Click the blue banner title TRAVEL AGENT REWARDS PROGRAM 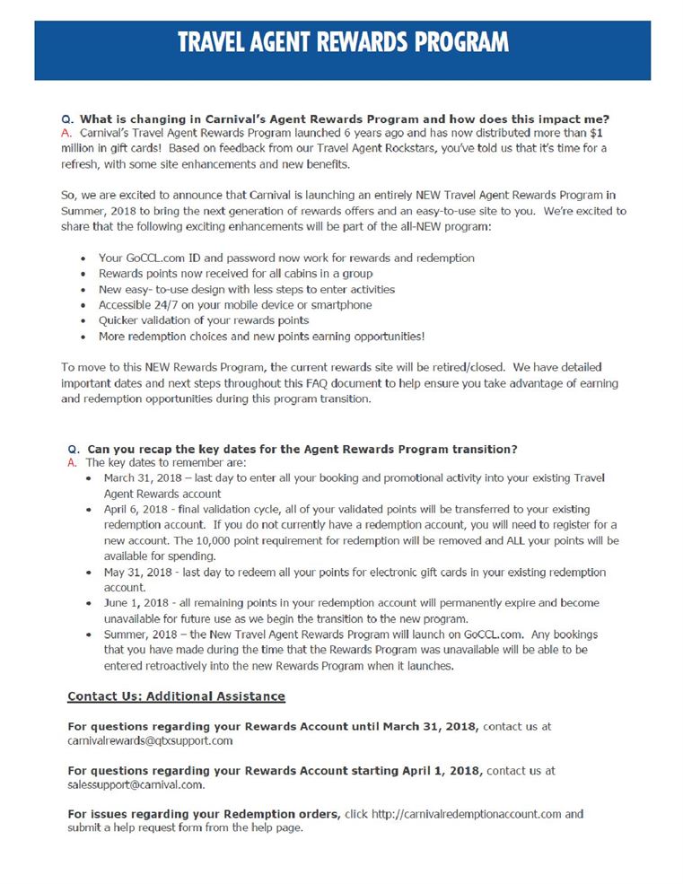(342, 41)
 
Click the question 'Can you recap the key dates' (302, 449)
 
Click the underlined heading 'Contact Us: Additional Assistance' (176, 696)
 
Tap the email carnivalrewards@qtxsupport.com (150, 740)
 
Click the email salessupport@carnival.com (136, 784)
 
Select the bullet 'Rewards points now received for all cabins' (235, 273)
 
